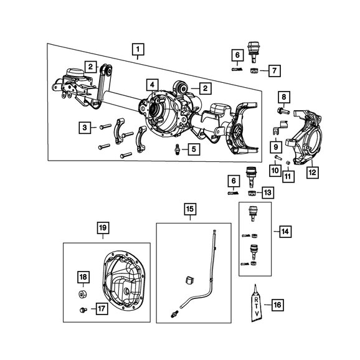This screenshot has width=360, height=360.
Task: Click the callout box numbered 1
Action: [x=138, y=49]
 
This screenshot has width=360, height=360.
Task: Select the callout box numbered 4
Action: [x=153, y=85]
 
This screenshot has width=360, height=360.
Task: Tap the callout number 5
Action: [x=194, y=149]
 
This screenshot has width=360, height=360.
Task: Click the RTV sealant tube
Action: [x=257, y=304]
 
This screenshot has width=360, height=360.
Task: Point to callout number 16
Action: [x=277, y=305]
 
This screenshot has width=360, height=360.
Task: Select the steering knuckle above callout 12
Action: [x=304, y=137]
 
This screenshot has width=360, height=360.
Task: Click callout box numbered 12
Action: [x=313, y=172]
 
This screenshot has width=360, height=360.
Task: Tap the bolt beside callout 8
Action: [x=283, y=111]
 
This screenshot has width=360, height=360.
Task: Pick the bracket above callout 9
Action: [x=280, y=128]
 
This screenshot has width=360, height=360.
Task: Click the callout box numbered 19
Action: [x=103, y=227]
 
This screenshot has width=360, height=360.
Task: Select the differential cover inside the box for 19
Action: [x=124, y=282]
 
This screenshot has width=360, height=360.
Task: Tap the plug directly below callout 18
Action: [x=82, y=294]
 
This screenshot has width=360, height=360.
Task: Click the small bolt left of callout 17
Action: [x=83, y=310]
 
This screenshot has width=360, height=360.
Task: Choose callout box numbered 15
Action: [x=191, y=209]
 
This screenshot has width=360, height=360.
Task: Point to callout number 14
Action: [x=285, y=232]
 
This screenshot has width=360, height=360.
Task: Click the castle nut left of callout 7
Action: [x=253, y=71]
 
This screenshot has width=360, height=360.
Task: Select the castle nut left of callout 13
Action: [x=252, y=193]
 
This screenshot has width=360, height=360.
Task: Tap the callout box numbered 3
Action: [x=85, y=128]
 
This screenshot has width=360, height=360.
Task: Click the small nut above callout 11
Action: [x=288, y=163]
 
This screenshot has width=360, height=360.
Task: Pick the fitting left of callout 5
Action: [x=177, y=149]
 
